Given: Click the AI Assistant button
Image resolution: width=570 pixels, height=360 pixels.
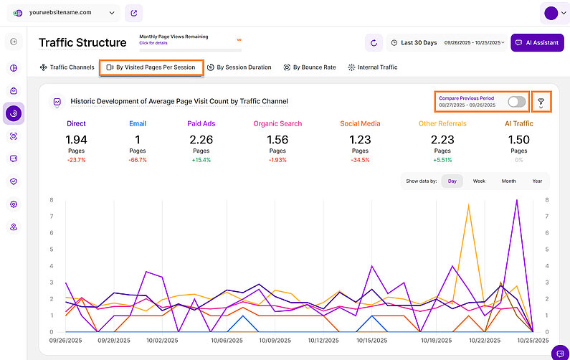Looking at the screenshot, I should tap(537, 43).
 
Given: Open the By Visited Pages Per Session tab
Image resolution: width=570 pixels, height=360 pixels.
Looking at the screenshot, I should tap(151, 67).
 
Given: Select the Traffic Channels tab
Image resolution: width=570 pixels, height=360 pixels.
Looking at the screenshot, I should tap(67, 67).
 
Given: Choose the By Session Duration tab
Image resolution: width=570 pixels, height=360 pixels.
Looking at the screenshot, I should tap(239, 67).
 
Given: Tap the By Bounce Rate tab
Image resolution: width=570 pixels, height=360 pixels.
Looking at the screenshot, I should tap(310, 67).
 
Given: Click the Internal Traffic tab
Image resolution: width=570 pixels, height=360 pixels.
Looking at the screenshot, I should tap(372, 67).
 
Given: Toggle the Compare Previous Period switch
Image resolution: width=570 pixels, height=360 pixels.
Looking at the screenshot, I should tap(516, 102).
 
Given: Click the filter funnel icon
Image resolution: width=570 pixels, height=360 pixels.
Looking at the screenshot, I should tap(541, 103).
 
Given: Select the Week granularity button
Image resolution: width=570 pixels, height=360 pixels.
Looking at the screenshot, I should tap(479, 181).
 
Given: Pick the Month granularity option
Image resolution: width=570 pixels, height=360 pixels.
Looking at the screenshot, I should tap(508, 181).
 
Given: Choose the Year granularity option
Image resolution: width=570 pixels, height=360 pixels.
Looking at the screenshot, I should tap(537, 181).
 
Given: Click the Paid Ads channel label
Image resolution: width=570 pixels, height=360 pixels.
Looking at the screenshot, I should tap(201, 123).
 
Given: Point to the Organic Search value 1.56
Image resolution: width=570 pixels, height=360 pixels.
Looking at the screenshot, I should tap(277, 139).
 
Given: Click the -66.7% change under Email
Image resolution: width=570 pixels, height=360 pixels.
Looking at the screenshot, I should tap(138, 160).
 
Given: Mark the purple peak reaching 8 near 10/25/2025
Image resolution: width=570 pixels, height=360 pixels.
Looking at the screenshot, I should tap(516, 201).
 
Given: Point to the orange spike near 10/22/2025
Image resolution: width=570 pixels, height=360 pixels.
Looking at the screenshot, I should tap(469, 206).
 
